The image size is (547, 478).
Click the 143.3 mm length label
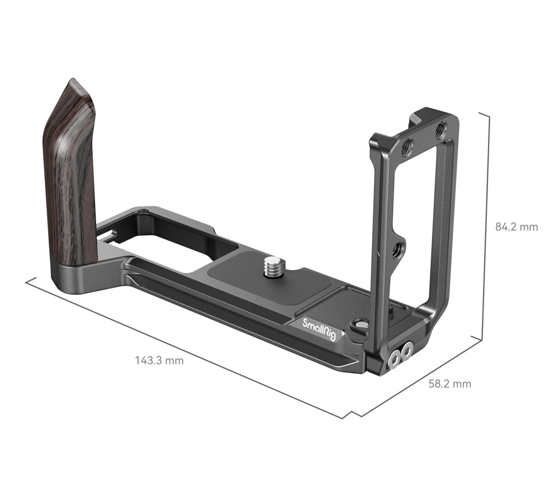point(159,360)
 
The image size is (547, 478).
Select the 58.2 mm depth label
point(449,383)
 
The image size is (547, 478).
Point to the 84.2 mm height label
point(516,227)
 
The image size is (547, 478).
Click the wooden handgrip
point(69,175)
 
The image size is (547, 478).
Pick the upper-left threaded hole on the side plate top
point(406,147)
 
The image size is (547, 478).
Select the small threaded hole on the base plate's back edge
point(143,210)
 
